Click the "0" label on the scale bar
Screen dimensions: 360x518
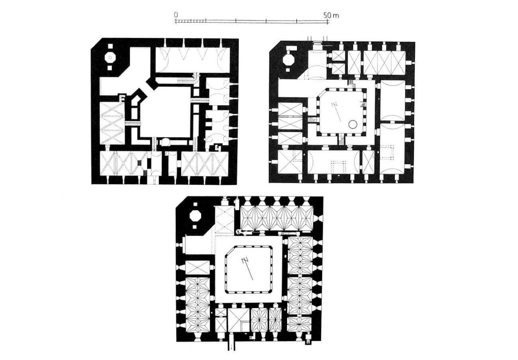coord(176,15)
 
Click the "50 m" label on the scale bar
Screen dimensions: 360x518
coord(331,15)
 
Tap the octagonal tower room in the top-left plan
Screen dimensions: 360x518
coord(109,57)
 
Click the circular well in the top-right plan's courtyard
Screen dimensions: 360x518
coord(353,124)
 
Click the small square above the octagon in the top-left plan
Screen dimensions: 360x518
coord(109,47)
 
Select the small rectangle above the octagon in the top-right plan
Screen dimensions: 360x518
coord(290,50)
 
